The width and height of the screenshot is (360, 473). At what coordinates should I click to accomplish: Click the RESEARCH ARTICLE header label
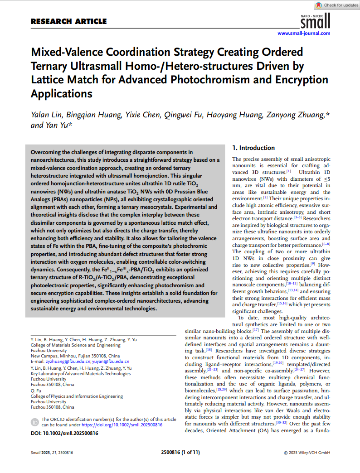tap(69, 21)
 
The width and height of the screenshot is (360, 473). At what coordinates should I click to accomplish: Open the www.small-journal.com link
tap(304, 33)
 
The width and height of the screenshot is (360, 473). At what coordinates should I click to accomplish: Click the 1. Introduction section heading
tap(253, 148)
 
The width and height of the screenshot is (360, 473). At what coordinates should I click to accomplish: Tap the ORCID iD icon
tap(35, 422)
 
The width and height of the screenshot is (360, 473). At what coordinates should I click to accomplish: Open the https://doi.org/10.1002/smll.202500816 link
tap(122, 425)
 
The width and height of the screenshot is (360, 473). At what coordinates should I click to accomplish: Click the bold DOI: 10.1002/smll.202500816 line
tap(64, 434)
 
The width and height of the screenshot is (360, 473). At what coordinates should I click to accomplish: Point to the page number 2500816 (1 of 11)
tap(180, 452)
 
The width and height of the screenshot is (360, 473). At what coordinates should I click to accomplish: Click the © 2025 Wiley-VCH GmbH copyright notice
tap(307, 452)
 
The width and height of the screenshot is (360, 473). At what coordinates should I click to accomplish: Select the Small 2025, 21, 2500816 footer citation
tap(52, 452)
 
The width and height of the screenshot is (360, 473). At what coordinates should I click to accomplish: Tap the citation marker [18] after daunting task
tap(209, 350)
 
